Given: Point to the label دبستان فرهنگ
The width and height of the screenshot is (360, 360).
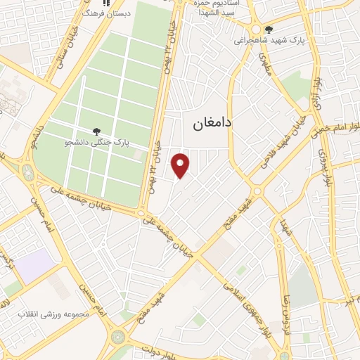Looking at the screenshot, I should (x=105, y=13).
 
